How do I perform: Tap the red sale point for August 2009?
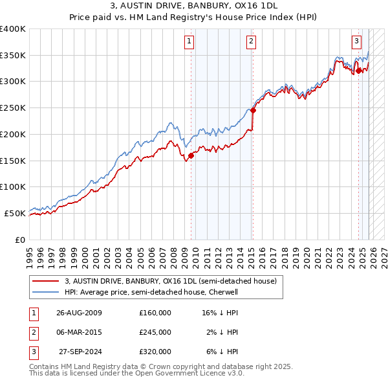click(191, 155)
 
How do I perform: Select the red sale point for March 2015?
click(253, 110)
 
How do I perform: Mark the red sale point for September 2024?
click(358, 71)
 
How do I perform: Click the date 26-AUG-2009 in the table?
click(79, 313)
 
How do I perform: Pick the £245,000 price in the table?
click(155, 332)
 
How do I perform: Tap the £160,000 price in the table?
click(155, 313)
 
